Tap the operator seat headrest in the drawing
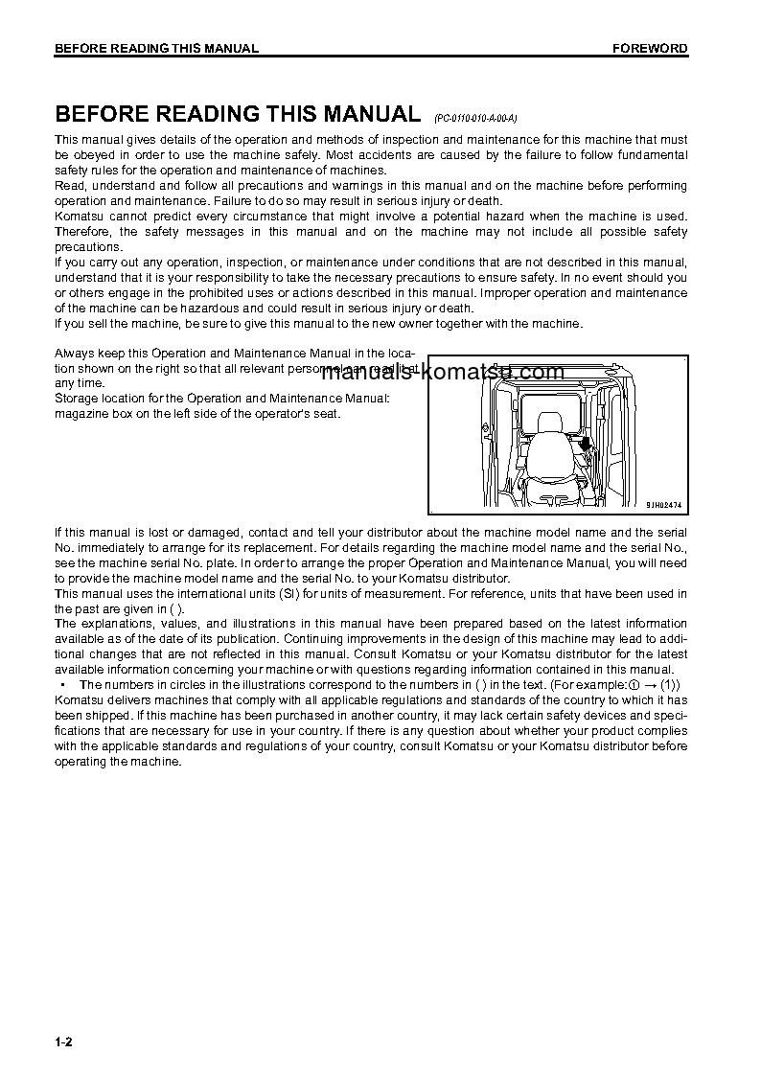[549, 423]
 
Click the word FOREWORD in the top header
[650, 49]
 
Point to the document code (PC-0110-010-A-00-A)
[475, 118]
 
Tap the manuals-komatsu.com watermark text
[442, 373]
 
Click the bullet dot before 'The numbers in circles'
[62, 685]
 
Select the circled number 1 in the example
[633, 685]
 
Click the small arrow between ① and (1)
[649, 685]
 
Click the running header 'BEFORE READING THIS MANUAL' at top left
[156, 49]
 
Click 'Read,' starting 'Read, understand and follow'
[71, 186]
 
